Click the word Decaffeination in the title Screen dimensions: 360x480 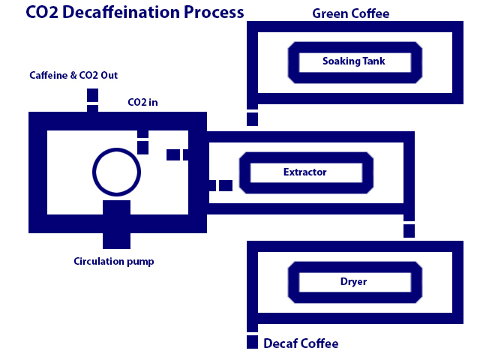pyautogui.click(x=124, y=12)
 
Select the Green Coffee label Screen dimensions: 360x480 pyautogui.click(x=350, y=14)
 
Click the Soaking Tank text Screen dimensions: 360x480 pyautogui.click(x=355, y=61)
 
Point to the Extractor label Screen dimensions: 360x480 pyautogui.click(x=304, y=172)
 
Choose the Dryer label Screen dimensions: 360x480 pyautogui.click(x=355, y=282)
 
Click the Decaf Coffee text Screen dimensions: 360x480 pyautogui.click(x=301, y=343)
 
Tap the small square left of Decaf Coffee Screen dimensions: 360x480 pyautogui.click(x=252, y=343)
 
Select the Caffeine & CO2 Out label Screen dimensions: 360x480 pyautogui.click(x=73, y=76)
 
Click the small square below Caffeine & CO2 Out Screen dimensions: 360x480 pyautogui.click(x=92, y=95)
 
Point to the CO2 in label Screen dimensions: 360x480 pyautogui.click(x=142, y=102)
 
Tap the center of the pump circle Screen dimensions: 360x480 pyautogui.click(x=116, y=172)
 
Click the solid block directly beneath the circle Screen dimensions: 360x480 pyautogui.click(x=116, y=223)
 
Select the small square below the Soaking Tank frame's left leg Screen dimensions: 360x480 pyautogui.click(x=252, y=119)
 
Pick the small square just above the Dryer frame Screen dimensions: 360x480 pyautogui.click(x=409, y=231)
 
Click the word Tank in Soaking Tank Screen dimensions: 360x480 pyautogui.click(x=375, y=61)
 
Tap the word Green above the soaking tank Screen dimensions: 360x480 pyautogui.click(x=330, y=14)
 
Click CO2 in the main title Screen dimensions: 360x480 pyautogui.click(x=42, y=12)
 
